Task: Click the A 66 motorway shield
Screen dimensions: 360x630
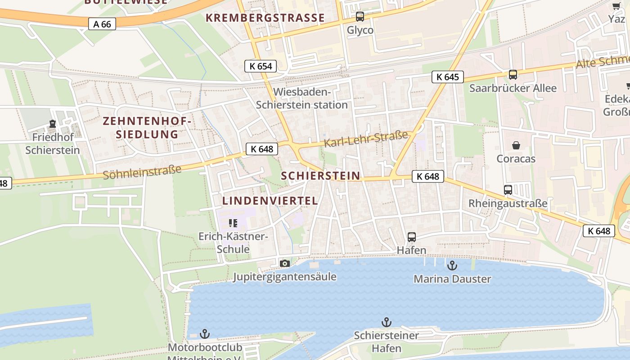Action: (102, 24)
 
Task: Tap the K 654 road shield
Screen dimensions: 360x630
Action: (261, 66)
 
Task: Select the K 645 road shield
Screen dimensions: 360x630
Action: (448, 77)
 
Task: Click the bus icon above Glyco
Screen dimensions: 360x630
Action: (360, 17)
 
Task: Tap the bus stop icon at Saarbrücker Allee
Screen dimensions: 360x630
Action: (513, 75)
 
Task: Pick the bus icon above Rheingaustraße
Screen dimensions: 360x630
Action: (508, 190)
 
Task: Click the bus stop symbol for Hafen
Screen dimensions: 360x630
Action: (411, 237)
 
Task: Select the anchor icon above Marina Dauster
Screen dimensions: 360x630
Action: (452, 265)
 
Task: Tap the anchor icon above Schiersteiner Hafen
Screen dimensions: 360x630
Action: (386, 322)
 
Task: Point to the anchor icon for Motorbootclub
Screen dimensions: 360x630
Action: (205, 334)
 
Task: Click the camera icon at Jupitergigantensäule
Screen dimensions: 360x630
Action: (284, 263)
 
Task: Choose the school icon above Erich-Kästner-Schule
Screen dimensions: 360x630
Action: (233, 223)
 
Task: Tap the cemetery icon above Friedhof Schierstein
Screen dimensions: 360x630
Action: (53, 124)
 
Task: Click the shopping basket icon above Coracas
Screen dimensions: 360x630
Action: (516, 145)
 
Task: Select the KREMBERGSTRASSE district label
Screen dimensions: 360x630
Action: (265, 18)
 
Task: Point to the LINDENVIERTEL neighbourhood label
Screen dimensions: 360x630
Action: (270, 201)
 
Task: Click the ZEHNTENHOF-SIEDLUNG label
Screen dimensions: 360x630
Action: (147, 128)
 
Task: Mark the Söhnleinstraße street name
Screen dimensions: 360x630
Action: (142, 172)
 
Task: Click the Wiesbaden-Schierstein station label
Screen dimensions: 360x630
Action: (302, 99)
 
